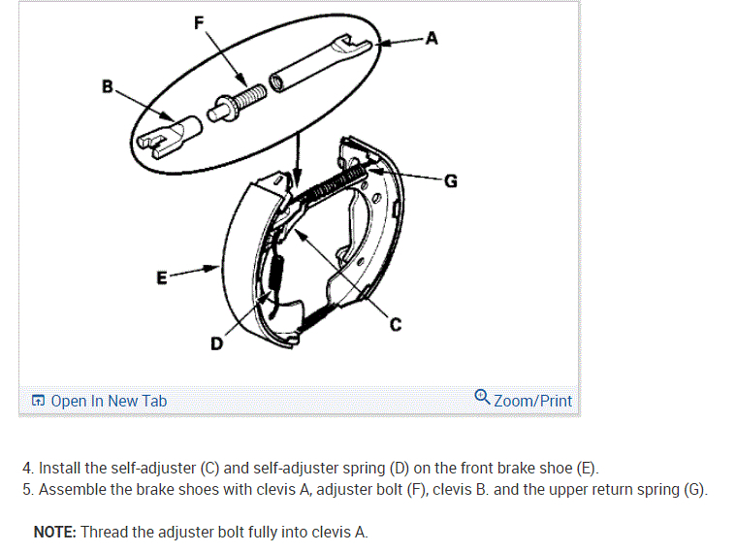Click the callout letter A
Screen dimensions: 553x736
tap(432, 39)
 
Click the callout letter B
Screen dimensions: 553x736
tap(108, 87)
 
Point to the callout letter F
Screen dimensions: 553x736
tap(199, 24)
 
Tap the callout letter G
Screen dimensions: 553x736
tap(450, 179)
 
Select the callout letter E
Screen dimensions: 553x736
tap(162, 277)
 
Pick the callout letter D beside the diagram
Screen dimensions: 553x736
tap(215, 343)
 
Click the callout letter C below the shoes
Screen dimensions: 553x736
tap(396, 326)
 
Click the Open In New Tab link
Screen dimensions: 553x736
tap(109, 401)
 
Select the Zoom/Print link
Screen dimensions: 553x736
tap(532, 401)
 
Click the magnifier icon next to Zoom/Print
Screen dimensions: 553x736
tap(482, 398)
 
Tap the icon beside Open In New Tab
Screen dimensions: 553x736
tap(38, 401)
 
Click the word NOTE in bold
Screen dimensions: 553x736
tap(55, 532)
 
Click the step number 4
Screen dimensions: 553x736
tap(27, 469)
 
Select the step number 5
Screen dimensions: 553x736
tap(27, 489)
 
